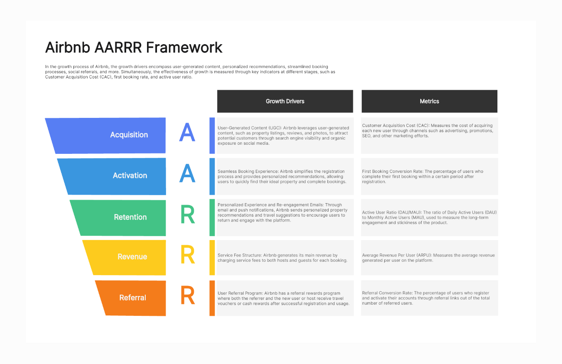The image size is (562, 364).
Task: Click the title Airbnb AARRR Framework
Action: pos(134,47)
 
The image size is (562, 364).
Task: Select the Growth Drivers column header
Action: pos(285,101)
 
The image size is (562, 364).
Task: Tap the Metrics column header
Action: pos(429,101)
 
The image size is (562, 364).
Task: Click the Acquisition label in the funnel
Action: pos(129,135)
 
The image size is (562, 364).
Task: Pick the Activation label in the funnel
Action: pos(130,175)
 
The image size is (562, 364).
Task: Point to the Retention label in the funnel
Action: pos(130,217)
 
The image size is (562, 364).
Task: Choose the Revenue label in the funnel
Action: pos(132,257)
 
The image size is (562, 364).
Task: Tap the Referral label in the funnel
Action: pos(132,298)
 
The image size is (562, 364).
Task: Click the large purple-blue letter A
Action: pos(187,132)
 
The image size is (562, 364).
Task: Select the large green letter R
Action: pos(188,214)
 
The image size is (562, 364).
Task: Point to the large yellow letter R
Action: pos(188,255)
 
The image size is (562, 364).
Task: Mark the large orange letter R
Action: pos(188,295)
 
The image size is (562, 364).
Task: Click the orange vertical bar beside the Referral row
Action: pos(212,298)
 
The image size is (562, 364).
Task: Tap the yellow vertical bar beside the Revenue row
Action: pos(212,258)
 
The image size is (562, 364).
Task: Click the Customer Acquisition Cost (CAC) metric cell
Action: pos(430,136)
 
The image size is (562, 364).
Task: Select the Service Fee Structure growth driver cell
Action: pos(285,258)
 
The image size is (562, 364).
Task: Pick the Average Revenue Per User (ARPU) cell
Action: pos(430,258)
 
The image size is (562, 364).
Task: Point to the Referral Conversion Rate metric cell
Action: pos(430,298)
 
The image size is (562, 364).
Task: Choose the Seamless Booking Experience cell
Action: pos(285,176)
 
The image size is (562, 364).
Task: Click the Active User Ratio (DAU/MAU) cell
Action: pos(430,218)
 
